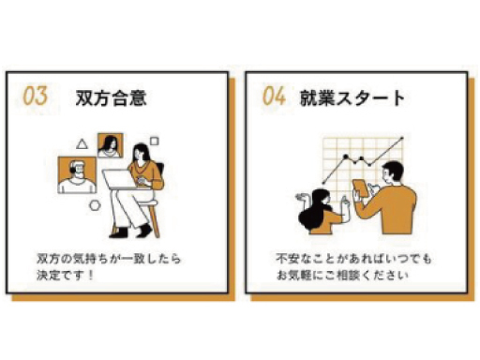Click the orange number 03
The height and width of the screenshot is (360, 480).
36,96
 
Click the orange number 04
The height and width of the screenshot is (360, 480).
274,96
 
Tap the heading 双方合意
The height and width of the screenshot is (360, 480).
111,97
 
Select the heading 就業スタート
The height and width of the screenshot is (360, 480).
352,97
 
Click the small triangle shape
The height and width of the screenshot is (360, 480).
82,144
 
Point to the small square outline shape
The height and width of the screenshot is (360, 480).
155,142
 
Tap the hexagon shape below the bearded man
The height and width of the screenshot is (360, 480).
95,205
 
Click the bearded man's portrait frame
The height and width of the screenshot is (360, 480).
77,175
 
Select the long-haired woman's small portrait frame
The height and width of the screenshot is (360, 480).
110,145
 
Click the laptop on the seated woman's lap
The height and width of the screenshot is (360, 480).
120,180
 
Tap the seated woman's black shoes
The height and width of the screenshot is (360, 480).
130,232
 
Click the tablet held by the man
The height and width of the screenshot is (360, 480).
361,187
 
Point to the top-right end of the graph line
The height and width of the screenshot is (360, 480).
402,138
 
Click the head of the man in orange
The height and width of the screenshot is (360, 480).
393,172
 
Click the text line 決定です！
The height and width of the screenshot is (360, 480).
65,276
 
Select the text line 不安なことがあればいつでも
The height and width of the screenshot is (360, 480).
353,259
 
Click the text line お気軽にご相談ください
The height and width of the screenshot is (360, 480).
342,276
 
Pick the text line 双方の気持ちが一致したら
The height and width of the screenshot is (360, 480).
109,259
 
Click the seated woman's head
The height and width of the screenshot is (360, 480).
141,152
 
